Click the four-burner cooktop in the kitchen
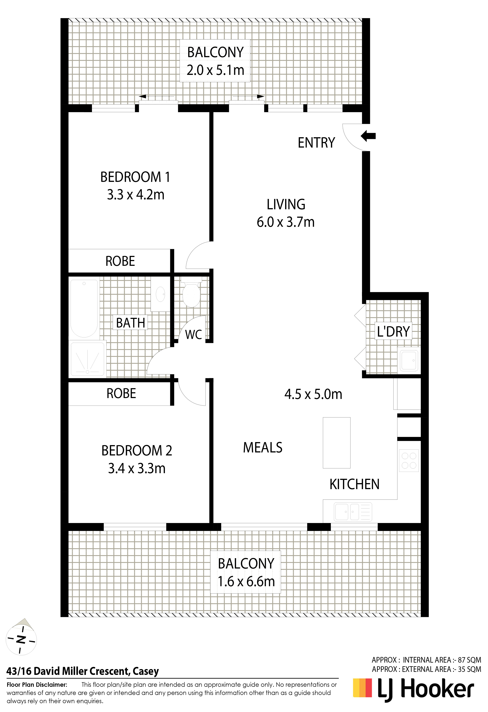pos(409,460)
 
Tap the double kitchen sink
pos(353,511)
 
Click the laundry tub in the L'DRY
pos(409,360)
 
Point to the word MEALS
pos(263,448)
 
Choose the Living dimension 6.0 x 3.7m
pos(286,222)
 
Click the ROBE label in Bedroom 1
pos(120,261)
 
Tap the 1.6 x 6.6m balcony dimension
pos(246,581)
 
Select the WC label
pos(193,335)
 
